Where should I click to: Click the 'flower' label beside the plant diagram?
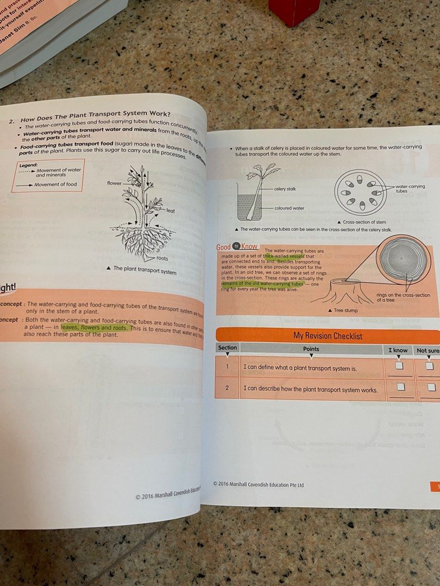pyautogui.click(x=115, y=183)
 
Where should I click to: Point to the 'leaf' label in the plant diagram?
pyautogui.click(x=170, y=211)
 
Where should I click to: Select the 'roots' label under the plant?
pyautogui.click(x=162, y=258)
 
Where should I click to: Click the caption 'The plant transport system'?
pyautogui.click(x=144, y=270)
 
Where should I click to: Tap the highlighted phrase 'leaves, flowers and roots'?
pyautogui.click(x=95, y=328)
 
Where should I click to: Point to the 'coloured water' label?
pyautogui.click(x=290, y=208)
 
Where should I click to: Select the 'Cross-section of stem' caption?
pyautogui.click(x=363, y=222)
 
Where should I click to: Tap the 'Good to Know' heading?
pyautogui.click(x=237, y=247)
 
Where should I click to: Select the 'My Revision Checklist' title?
pyautogui.click(x=328, y=336)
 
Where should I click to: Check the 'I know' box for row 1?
pyautogui.click(x=399, y=366)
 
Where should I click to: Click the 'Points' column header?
pyautogui.click(x=311, y=349)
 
